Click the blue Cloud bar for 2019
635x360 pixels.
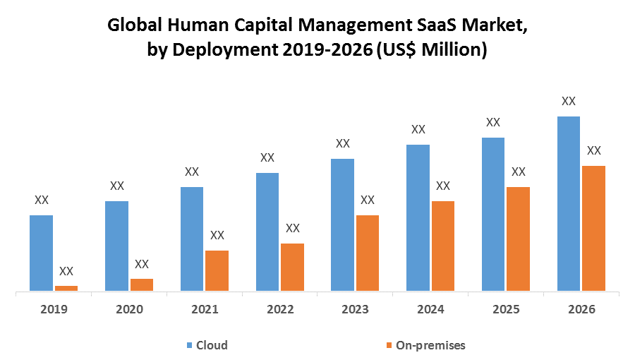click(x=41, y=253)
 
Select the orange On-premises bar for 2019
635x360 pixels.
click(x=66, y=287)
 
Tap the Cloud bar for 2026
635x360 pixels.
click(x=569, y=203)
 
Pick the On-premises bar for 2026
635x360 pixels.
click(x=593, y=228)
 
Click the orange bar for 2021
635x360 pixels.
click(x=217, y=270)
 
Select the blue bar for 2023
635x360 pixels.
click(x=343, y=224)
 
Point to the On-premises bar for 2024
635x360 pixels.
click(x=442, y=246)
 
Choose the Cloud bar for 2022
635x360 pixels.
click(x=267, y=232)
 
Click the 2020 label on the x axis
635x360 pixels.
click(x=129, y=309)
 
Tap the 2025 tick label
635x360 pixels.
click(x=506, y=309)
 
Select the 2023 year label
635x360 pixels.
click(x=356, y=309)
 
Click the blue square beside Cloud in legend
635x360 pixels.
click(x=189, y=345)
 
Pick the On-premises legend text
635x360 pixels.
click(x=430, y=345)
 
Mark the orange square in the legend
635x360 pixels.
click(x=388, y=345)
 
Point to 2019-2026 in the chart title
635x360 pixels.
click(x=329, y=50)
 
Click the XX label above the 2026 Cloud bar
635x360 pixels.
click(x=569, y=101)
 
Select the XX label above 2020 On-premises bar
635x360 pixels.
click(x=142, y=264)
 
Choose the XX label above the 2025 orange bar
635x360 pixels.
click(x=519, y=172)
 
